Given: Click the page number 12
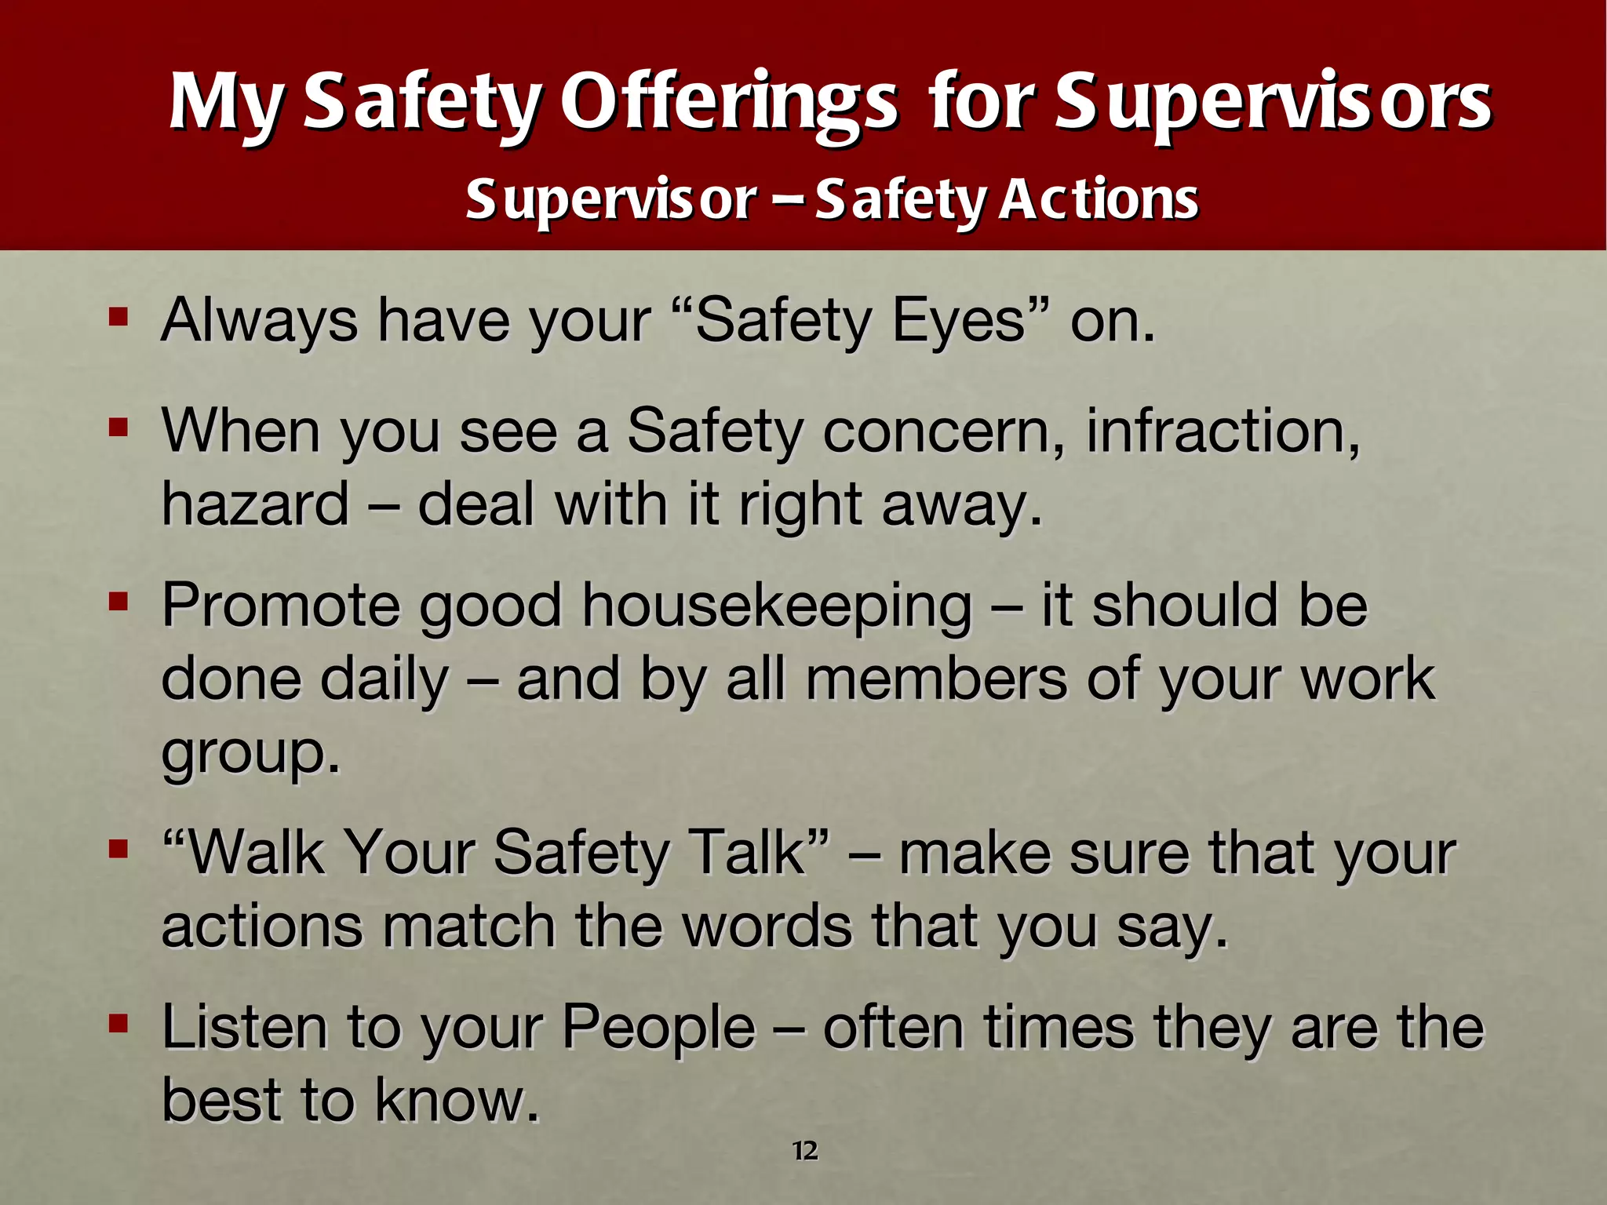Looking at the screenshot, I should [x=805, y=1151].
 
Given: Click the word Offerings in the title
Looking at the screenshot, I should [x=729, y=104].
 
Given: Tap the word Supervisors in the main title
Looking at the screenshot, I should [x=1272, y=104].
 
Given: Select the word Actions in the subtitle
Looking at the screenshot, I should [x=1099, y=199].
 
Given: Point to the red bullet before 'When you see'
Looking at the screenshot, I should [x=118, y=428].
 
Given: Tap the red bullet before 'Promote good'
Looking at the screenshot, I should [x=118, y=602].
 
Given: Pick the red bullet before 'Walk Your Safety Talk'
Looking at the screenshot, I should [x=118, y=850].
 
